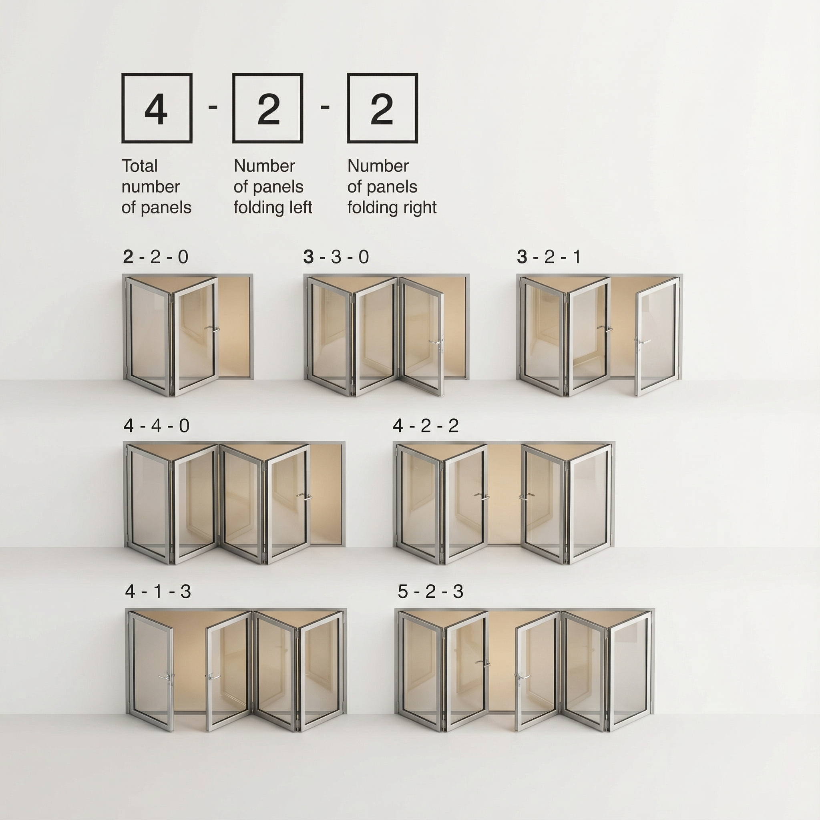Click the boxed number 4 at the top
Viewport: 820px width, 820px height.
pos(156,109)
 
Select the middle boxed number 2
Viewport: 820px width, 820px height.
pos(268,109)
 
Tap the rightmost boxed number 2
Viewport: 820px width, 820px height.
pos(382,109)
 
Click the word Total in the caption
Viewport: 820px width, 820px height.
pos(140,166)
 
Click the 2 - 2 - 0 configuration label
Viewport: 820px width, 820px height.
pos(155,257)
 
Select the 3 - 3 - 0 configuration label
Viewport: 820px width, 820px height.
pos(336,257)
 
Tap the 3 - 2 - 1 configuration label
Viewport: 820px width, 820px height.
pos(549,257)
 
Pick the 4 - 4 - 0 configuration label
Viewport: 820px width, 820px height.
pos(157,426)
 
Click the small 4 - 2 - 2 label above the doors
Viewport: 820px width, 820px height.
pos(426,426)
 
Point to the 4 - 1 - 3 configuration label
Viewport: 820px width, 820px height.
pos(158,592)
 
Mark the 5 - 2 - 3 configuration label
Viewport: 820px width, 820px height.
pos(430,592)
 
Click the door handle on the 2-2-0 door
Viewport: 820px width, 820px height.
pos(212,328)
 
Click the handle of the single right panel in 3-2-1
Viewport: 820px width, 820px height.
pos(642,342)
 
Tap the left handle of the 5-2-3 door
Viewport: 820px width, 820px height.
pos(482,663)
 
